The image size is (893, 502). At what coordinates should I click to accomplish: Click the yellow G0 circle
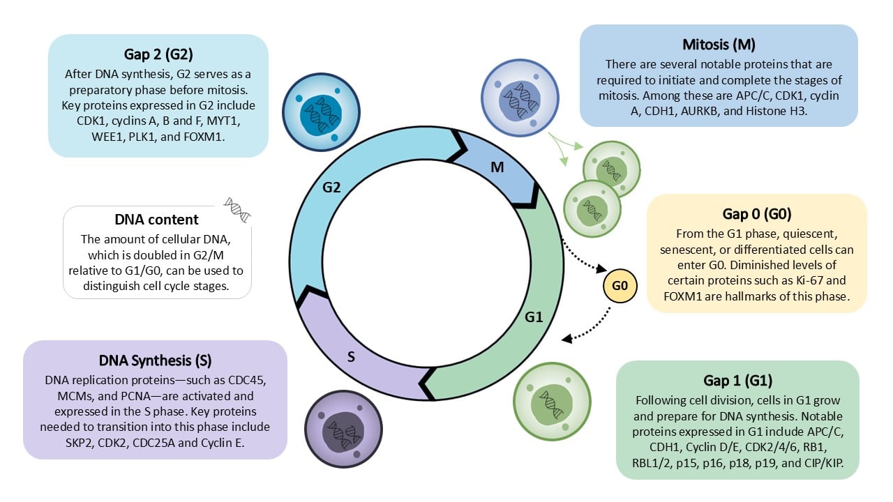click(x=620, y=287)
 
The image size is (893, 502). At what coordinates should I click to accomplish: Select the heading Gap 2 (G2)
click(x=158, y=54)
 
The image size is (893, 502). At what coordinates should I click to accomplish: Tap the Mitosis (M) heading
click(x=718, y=45)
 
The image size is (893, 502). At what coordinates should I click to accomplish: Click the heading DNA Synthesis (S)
click(x=155, y=360)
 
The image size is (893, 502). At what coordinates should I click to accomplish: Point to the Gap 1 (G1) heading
click(x=737, y=381)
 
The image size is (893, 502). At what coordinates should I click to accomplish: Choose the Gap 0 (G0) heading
click(x=757, y=213)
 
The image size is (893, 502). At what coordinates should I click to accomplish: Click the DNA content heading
click(x=157, y=218)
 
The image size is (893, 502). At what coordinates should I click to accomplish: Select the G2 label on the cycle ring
click(x=331, y=187)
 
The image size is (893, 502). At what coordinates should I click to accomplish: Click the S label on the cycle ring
click(x=352, y=357)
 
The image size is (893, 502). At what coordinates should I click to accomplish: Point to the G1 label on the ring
click(x=534, y=317)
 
